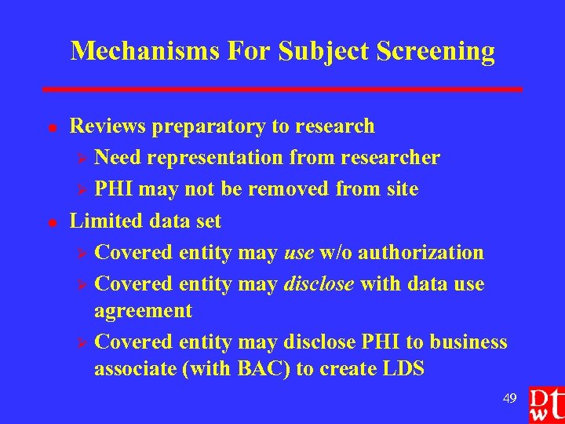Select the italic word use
(x=299, y=253)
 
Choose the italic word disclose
(x=318, y=283)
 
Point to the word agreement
(x=143, y=311)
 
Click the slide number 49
(x=509, y=399)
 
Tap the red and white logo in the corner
(x=545, y=402)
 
